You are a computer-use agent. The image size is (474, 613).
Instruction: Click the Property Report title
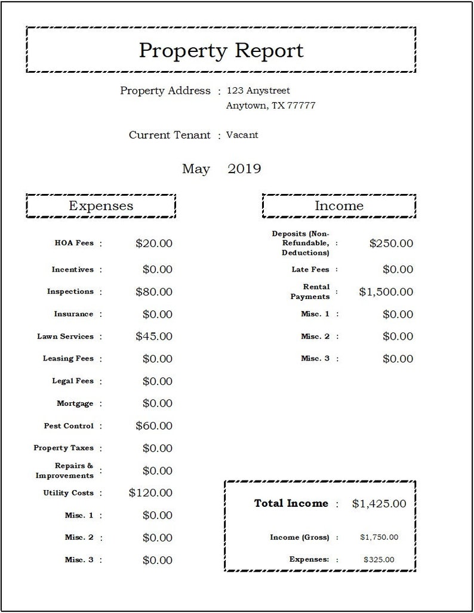coord(221,51)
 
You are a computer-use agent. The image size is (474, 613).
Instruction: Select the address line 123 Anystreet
coord(258,91)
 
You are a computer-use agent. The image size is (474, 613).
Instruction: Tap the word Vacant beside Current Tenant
coord(242,135)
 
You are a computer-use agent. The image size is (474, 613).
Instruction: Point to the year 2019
coord(244,169)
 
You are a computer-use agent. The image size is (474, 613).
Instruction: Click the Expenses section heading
coord(101,206)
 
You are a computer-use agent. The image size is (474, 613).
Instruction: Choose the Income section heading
coord(338,206)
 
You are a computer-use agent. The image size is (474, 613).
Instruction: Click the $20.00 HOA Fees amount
coord(154,244)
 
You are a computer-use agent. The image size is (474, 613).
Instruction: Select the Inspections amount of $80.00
coord(154,292)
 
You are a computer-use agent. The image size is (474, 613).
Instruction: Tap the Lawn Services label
coord(65,337)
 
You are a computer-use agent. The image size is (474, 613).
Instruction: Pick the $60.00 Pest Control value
coord(154,426)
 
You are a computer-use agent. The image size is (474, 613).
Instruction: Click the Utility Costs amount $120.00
coord(150,493)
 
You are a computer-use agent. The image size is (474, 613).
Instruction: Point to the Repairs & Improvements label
coord(64,470)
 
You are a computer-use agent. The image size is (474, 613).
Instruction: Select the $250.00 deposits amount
coord(391,244)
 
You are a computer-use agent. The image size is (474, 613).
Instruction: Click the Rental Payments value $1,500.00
coord(386,292)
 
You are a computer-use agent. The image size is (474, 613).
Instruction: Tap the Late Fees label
coord(310,270)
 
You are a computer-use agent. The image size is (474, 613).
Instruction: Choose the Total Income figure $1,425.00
coord(379,504)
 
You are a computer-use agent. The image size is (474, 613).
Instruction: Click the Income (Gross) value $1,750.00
coord(379,537)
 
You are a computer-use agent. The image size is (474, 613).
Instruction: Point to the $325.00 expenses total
coord(378,560)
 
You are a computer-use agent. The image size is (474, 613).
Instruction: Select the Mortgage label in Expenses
coord(75,403)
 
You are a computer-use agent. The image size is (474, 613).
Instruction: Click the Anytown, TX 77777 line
coord(270,106)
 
